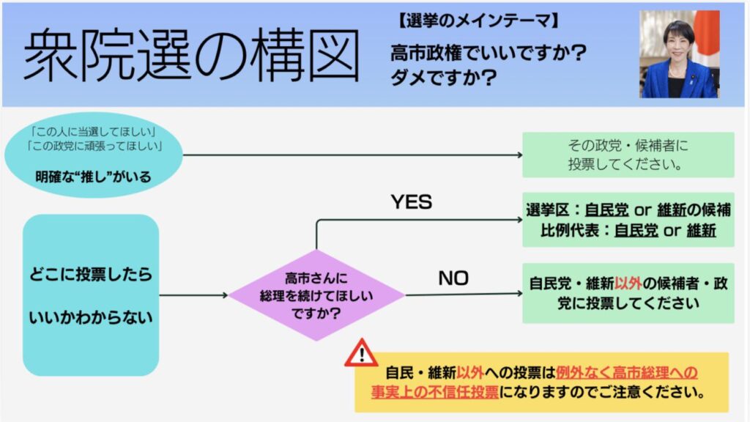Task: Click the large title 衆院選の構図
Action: (191, 56)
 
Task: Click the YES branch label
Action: (411, 202)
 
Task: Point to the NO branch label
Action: (453, 278)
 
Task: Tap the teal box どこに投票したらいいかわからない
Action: (91, 295)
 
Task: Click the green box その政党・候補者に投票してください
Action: (628, 155)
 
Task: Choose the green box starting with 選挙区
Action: (628, 220)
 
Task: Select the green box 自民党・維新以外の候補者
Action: (628, 293)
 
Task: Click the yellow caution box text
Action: (542, 382)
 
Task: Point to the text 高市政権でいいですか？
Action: (489, 53)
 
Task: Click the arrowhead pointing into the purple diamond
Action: (224, 295)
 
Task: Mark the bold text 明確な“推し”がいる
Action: (92, 176)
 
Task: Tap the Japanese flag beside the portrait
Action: (708, 33)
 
